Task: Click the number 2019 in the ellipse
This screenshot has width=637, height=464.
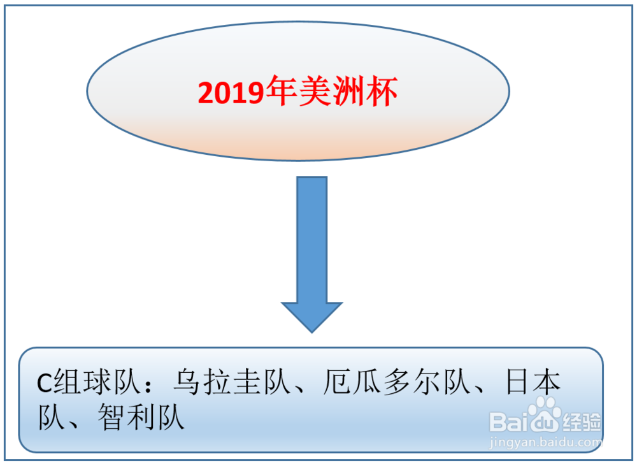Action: (x=231, y=92)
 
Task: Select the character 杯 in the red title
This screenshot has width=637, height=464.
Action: (x=382, y=91)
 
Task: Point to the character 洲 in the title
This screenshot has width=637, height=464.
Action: (x=348, y=91)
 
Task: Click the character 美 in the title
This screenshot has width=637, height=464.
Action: (x=315, y=91)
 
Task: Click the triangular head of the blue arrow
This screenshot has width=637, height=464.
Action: (x=312, y=317)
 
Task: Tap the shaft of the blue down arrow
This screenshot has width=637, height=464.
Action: (x=312, y=240)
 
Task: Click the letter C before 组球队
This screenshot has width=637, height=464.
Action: (x=44, y=383)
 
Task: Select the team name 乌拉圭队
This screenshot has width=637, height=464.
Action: (x=233, y=382)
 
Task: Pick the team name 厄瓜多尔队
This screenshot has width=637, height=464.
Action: (x=397, y=382)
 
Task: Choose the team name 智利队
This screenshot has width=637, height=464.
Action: (x=141, y=417)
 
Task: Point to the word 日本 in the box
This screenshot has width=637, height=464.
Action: (x=533, y=382)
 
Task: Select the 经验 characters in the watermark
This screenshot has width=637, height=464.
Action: (x=582, y=422)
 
